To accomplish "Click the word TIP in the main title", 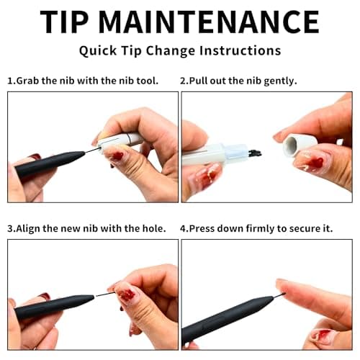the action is point(64,22).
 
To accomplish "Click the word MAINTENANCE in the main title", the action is point(209,22).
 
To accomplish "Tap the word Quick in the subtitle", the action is point(98,51).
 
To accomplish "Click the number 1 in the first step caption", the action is point(9,81).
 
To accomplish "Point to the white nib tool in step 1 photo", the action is point(120,141).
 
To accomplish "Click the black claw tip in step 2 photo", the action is point(255,153).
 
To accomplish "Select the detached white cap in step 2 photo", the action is point(300,145).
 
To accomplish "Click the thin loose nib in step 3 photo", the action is point(105,294).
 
